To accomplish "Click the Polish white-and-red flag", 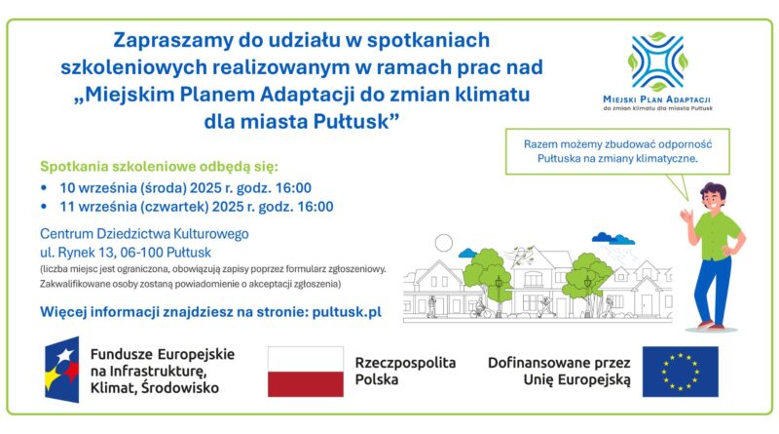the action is tap(306, 372).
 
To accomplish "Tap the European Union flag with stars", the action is tap(680, 372).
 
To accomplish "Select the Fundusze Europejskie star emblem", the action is tap(62, 370).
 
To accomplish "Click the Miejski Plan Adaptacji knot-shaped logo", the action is tap(658, 61).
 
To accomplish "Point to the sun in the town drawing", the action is tap(444, 244).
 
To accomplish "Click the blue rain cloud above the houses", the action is tap(613, 238).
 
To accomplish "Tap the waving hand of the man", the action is tap(686, 217).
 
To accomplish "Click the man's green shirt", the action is tap(717, 234).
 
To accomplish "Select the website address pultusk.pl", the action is tap(347, 312).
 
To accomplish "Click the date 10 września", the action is tap(98, 188).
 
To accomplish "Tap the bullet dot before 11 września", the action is tap(44, 207).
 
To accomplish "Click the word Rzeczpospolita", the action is tap(405, 363).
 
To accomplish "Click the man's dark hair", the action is tap(714, 191).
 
